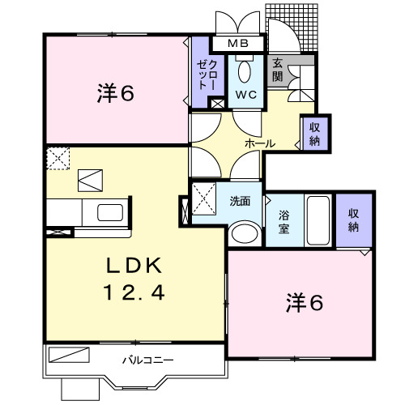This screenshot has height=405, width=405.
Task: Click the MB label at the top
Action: [237, 44]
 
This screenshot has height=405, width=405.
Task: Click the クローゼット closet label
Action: [207, 75]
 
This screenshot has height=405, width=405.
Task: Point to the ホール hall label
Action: [260, 143]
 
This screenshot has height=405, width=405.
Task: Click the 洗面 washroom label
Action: [239, 200]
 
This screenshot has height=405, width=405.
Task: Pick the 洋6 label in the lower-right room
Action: [305, 303]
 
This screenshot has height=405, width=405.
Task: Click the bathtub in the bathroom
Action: [318, 220]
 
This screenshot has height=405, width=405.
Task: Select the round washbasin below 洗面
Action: [242, 234]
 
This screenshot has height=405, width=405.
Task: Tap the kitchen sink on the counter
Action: [110, 213]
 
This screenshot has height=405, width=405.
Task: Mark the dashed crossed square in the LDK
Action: [58, 158]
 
